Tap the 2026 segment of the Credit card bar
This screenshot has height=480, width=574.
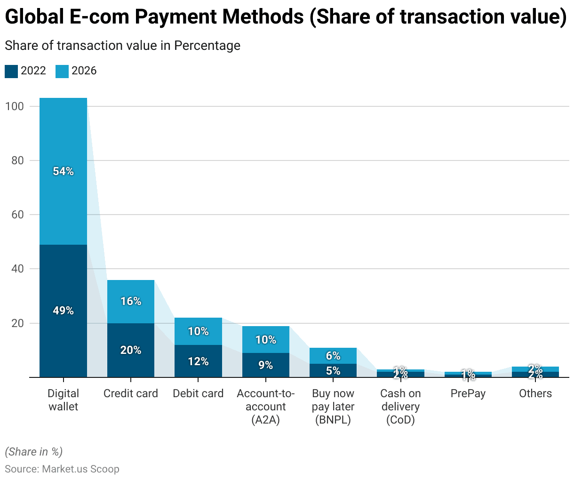(131, 292)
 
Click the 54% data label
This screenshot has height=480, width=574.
(63, 171)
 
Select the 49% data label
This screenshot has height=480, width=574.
(63, 311)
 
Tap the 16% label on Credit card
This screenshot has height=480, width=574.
(131, 301)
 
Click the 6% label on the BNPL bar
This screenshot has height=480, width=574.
(333, 356)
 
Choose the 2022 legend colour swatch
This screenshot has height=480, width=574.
(11, 71)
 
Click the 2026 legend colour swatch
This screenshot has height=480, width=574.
(62, 71)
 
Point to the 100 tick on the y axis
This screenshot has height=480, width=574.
(14, 106)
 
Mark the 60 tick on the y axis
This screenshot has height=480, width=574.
(17, 215)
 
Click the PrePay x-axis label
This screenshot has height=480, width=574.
(468, 393)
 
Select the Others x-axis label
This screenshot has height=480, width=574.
(535, 393)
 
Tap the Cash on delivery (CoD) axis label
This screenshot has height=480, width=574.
(400, 407)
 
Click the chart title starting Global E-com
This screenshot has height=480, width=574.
(286, 17)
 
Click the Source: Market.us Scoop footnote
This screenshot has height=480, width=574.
(62, 469)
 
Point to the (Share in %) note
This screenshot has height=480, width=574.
(34, 452)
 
